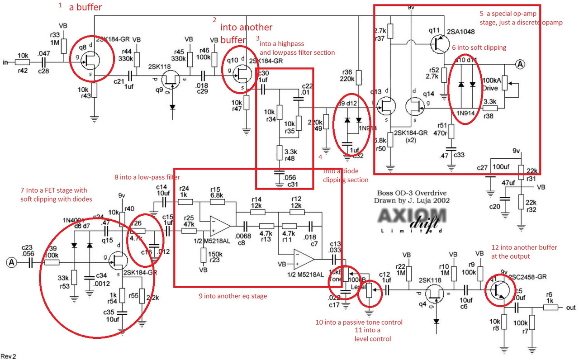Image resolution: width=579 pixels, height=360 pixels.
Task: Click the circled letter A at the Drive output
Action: (520, 64)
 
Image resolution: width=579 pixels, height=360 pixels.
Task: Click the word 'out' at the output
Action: (570, 308)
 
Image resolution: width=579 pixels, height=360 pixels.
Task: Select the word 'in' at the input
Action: (5, 62)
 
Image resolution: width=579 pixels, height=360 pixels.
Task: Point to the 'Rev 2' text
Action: (9, 356)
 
